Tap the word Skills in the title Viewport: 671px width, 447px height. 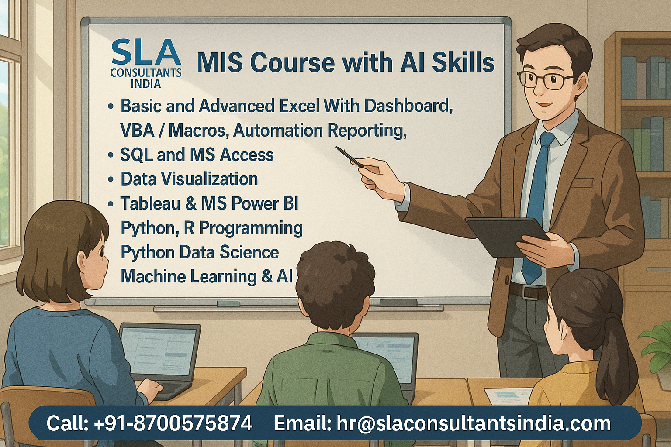[x=463, y=62]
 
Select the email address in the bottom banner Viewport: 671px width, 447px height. [x=474, y=423]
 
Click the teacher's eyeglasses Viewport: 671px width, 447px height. [x=545, y=80]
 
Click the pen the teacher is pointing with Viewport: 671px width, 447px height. [x=349, y=157]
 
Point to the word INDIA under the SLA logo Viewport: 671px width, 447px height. [x=146, y=83]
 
